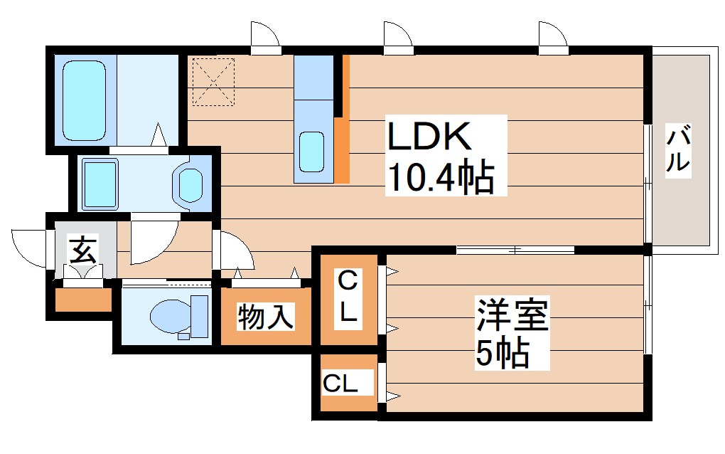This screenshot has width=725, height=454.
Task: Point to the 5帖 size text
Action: tap(502, 352)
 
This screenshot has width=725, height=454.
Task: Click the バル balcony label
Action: tap(679, 149)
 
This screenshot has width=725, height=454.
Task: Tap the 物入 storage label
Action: tap(266, 317)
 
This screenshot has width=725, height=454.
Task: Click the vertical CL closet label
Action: tap(348, 297)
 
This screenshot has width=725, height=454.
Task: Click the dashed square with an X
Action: tap(214, 81)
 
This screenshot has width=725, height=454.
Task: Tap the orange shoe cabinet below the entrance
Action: tap(83, 300)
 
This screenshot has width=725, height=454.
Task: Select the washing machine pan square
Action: tap(100, 181)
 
